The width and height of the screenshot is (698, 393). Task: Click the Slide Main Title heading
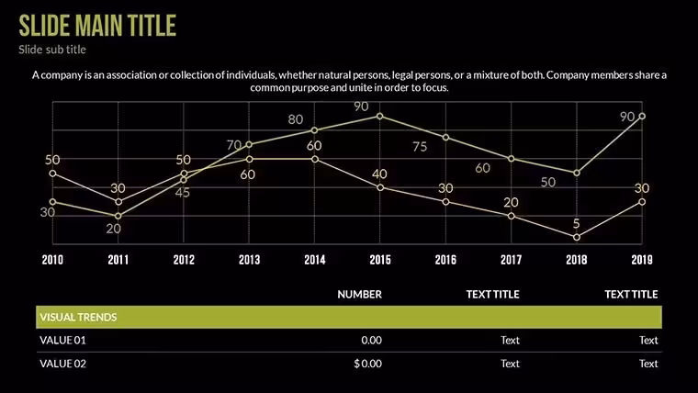click(x=97, y=26)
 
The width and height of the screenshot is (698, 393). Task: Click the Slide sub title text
click(x=52, y=50)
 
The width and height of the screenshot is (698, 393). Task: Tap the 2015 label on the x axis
click(x=380, y=260)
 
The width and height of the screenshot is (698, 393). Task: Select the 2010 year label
click(x=52, y=260)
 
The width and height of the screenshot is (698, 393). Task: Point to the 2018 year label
click(x=577, y=260)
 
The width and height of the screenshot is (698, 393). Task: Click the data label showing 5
click(x=577, y=223)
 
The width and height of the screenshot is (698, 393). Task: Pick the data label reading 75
click(x=420, y=147)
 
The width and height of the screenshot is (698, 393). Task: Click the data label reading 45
click(x=182, y=193)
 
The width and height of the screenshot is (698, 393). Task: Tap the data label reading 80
click(x=296, y=119)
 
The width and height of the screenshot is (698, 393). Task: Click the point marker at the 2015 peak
click(x=380, y=117)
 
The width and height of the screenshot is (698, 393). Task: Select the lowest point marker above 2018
click(x=577, y=238)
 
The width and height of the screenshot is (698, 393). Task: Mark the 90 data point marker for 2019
click(x=642, y=117)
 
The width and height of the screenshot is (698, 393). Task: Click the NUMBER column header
click(x=359, y=294)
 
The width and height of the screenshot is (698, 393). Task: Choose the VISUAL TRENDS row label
click(x=78, y=318)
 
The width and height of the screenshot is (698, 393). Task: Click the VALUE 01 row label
click(x=62, y=341)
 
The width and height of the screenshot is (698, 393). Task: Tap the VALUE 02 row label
click(x=62, y=364)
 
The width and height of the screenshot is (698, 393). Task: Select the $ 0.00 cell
click(x=367, y=364)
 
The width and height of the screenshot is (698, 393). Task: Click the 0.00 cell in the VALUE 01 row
click(x=371, y=341)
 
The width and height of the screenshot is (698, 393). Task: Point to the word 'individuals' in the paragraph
click(x=251, y=75)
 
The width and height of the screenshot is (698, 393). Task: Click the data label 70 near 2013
click(x=234, y=145)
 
